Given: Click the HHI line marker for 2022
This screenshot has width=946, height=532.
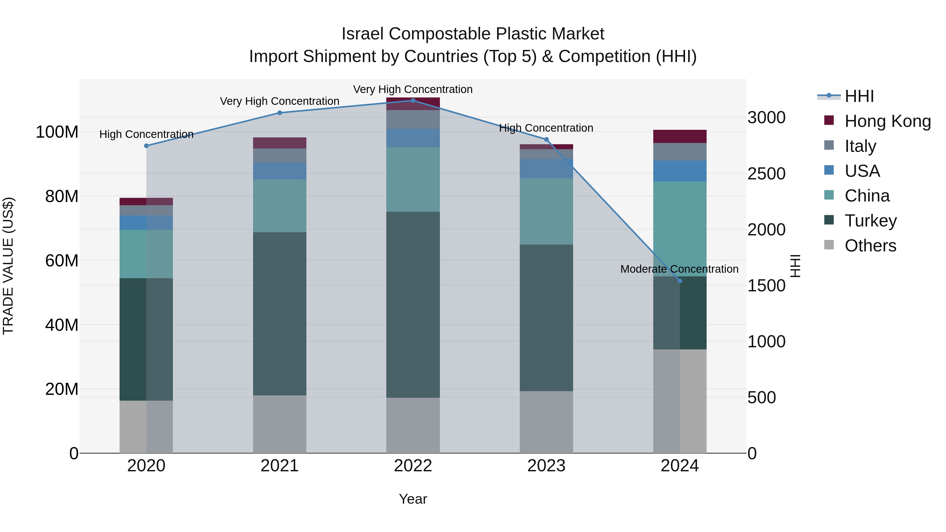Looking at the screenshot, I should point(413,100).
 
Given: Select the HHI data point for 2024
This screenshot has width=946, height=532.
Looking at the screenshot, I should point(680,281).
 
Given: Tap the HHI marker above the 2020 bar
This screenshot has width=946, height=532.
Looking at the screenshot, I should point(146,146).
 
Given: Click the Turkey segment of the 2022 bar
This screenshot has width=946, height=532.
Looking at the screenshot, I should point(413,305).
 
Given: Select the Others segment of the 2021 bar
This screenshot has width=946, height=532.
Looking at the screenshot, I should point(280,424).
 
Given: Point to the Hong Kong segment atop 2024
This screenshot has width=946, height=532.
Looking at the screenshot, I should point(680,136).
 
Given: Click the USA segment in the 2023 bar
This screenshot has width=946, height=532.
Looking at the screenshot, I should point(546,168).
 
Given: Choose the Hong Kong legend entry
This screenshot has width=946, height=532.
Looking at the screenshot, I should point(888,121).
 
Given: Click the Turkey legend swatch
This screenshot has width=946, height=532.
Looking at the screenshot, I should point(829,220).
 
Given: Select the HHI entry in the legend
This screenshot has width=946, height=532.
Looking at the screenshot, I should point(859,96).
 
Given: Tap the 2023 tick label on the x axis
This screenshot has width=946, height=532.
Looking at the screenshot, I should point(546,466).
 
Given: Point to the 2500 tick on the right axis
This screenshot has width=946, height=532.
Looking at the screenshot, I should point(767,174).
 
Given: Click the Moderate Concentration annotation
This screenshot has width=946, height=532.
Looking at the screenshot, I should point(679,269).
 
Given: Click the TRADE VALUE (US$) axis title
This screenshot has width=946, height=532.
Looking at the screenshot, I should point(8,266).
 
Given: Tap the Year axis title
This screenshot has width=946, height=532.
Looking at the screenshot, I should point(413,499).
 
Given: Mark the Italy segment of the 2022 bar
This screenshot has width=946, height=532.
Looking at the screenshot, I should point(413,119).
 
